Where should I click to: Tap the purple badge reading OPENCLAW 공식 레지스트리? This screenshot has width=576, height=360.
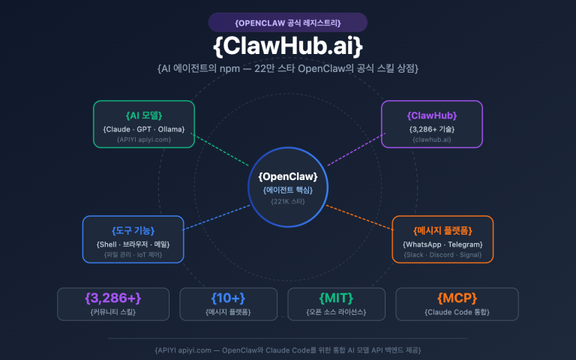point(288,22)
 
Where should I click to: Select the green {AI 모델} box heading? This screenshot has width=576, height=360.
point(144,115)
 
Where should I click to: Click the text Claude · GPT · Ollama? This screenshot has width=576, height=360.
point(144,129)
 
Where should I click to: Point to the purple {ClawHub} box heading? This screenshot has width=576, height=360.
point(432,115)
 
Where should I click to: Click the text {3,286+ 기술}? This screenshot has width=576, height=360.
point(432,129)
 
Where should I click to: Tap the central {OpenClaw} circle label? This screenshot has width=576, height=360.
point(288,176)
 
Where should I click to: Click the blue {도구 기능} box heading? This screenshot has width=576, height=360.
point(132,230)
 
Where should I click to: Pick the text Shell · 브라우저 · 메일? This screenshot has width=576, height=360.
point(132,244)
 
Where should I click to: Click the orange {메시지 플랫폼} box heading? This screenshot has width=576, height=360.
point(442,230)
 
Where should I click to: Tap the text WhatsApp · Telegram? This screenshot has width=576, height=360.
point(442,244)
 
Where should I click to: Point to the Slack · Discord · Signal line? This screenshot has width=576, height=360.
point(442,255)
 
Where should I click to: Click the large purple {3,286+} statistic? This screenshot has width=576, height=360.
point(113,298)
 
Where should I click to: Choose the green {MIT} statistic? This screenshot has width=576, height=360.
point(336,298)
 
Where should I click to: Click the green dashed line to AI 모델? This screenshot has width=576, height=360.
point(222,150)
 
